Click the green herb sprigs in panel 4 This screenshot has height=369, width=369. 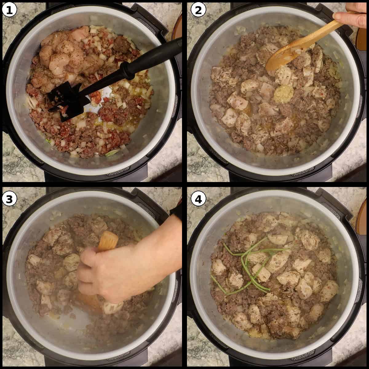click(246, 264)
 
